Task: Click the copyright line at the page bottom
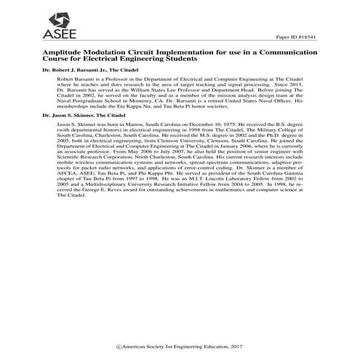179,340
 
